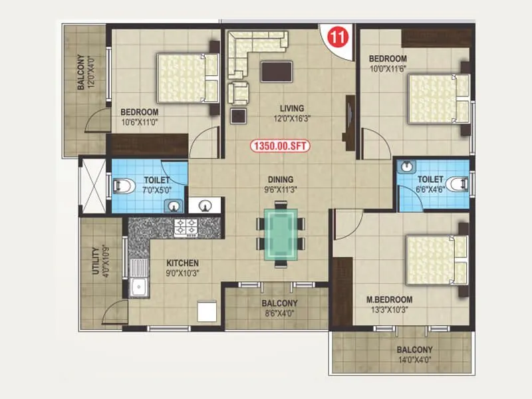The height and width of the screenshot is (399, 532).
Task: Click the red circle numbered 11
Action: pyautogui.click(x=337, y=37)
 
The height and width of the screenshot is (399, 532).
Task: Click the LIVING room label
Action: pyautogui.click(x=292, y=108)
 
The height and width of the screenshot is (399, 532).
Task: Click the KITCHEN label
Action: pyautogui.click(x=183, y=263)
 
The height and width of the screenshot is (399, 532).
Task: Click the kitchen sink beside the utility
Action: pyautogui.click(x=140, y=287)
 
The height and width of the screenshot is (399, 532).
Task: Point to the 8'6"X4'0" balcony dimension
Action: pyautogui.click(x=278, y=313)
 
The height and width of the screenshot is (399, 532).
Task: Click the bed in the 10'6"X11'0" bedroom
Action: pyautogui.click(x=188, y=78)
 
